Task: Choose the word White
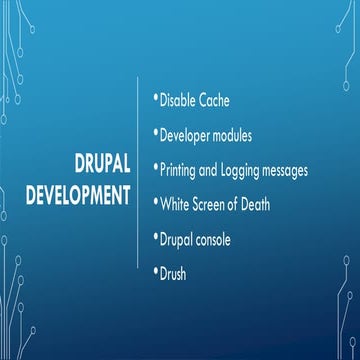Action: point(176,203)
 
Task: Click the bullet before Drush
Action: point(155,269)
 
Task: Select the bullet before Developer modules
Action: point(155,132)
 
